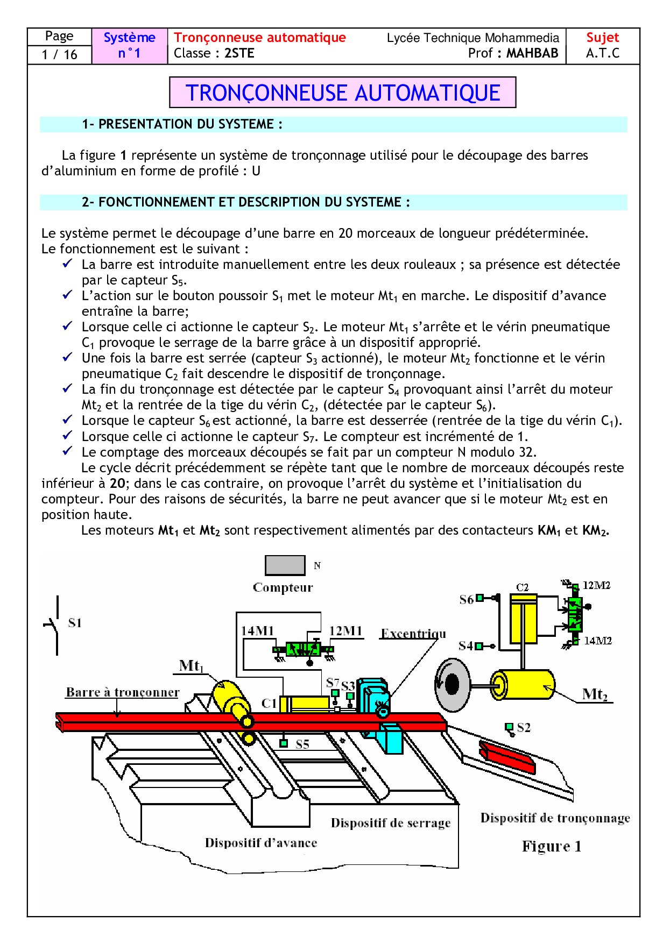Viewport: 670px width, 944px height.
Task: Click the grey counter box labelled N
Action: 285,565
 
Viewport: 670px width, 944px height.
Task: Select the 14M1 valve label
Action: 257,631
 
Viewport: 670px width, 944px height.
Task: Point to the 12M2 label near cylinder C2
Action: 597,585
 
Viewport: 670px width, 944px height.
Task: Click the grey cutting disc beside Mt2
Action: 452,684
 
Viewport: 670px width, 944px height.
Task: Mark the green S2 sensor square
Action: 509,727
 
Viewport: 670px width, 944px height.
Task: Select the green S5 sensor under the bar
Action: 284,743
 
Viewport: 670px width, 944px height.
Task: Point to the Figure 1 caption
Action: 552,847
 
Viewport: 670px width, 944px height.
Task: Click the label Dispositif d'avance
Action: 261,842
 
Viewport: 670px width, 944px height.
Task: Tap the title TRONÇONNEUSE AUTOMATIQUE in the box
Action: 343,93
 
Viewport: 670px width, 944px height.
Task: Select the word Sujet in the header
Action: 602,38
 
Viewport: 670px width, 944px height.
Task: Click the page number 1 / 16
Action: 59,54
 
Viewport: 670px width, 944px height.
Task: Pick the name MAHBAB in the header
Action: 532,53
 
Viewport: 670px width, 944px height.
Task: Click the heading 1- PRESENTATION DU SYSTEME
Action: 182,124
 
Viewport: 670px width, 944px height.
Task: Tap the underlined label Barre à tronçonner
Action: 123,692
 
